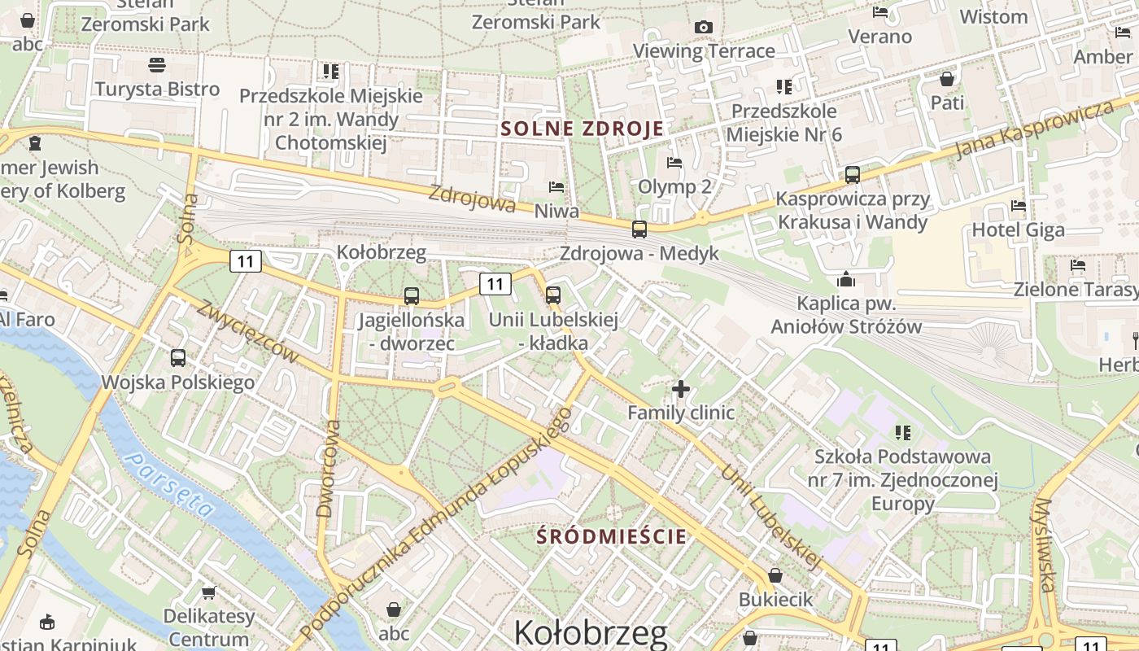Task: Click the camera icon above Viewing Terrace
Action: coord(704,28)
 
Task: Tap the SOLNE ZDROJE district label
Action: coord(582,129)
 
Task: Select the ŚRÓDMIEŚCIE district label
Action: coord(613,536)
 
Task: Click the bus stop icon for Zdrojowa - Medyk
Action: coord(639,229)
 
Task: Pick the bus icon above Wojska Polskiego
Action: coord(178,357)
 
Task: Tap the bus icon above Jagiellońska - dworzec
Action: coord(412,296)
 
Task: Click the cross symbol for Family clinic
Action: coord(681,389)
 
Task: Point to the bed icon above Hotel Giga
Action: coord(1018,206)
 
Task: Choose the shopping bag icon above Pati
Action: coord(947,79)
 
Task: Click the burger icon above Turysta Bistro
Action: coord(157,65)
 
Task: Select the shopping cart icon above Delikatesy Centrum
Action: coord(209,592)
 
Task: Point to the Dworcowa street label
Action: coord(327,470)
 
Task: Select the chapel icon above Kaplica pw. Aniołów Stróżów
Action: coord(846,280)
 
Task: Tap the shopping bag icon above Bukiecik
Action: coord(775,576)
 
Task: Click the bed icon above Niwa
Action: coord(556,187)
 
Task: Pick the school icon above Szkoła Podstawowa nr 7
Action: coord(902,432)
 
